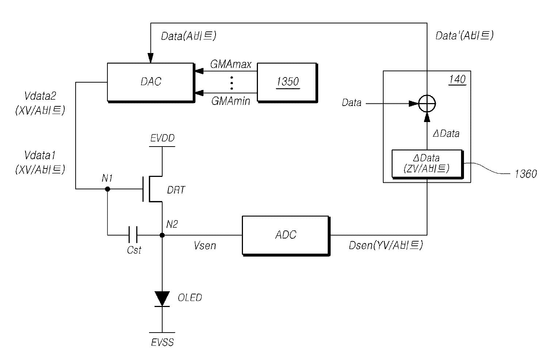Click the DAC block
151,83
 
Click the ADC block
286,236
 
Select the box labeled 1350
288,83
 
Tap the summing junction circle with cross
427,103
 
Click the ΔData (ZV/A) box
427,164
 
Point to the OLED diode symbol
162,299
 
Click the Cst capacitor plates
133,235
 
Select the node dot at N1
107,189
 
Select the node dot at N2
162,235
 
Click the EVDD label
162,138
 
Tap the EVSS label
162,342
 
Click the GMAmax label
231,64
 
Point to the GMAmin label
231,101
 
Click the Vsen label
205,246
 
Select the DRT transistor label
176,190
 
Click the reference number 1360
525,174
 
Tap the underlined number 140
457,80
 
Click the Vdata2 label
40,96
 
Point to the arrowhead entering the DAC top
151,58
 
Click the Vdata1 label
39,155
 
